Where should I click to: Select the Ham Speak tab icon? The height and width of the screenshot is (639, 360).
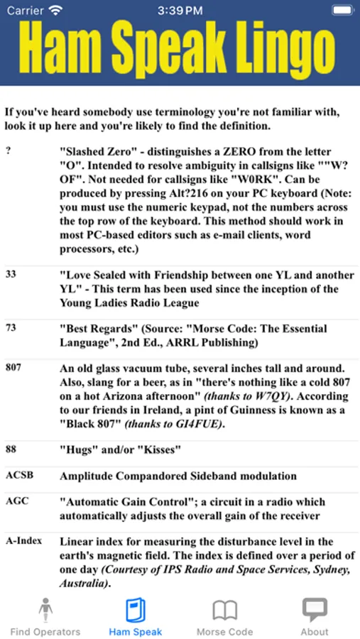(135, 610)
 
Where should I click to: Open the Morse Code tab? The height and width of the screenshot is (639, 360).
(224, 610)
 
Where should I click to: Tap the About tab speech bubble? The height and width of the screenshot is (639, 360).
(315, 609)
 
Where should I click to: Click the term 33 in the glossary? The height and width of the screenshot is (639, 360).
(11, 275)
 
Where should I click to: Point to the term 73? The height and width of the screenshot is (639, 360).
(11, 329)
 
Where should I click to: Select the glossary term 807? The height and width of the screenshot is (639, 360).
(13, 368)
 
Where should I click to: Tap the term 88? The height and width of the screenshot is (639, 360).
(11, 448)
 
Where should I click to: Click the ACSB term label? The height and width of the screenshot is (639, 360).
(18, 475)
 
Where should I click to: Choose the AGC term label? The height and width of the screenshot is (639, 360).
(17, 501)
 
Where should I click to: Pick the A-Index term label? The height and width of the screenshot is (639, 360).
(23, 541)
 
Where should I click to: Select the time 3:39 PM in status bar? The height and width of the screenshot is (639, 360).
(180, 10)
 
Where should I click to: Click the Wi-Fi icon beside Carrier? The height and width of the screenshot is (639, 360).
(56, 10)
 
